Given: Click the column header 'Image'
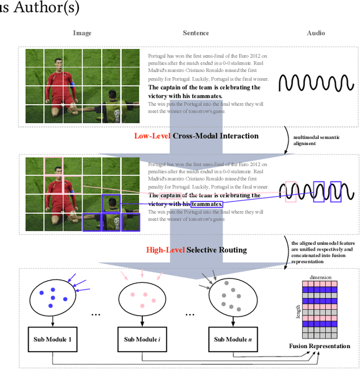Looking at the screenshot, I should tap(82, 33).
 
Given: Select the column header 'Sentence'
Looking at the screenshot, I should tap(196, 33).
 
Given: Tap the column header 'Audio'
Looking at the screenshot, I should tap(316, 33).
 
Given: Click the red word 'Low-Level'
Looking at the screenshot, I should tap(151, 136).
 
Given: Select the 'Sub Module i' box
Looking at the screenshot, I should tap(143, 340).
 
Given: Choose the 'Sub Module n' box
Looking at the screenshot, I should tap(232, 340).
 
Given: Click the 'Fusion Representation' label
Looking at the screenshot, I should tap(319, 346).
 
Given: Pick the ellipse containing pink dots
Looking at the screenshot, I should tap(143, 298).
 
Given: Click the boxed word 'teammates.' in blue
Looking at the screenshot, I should tap(207, 204).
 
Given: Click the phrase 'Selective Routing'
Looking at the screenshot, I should tap(216, 250).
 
